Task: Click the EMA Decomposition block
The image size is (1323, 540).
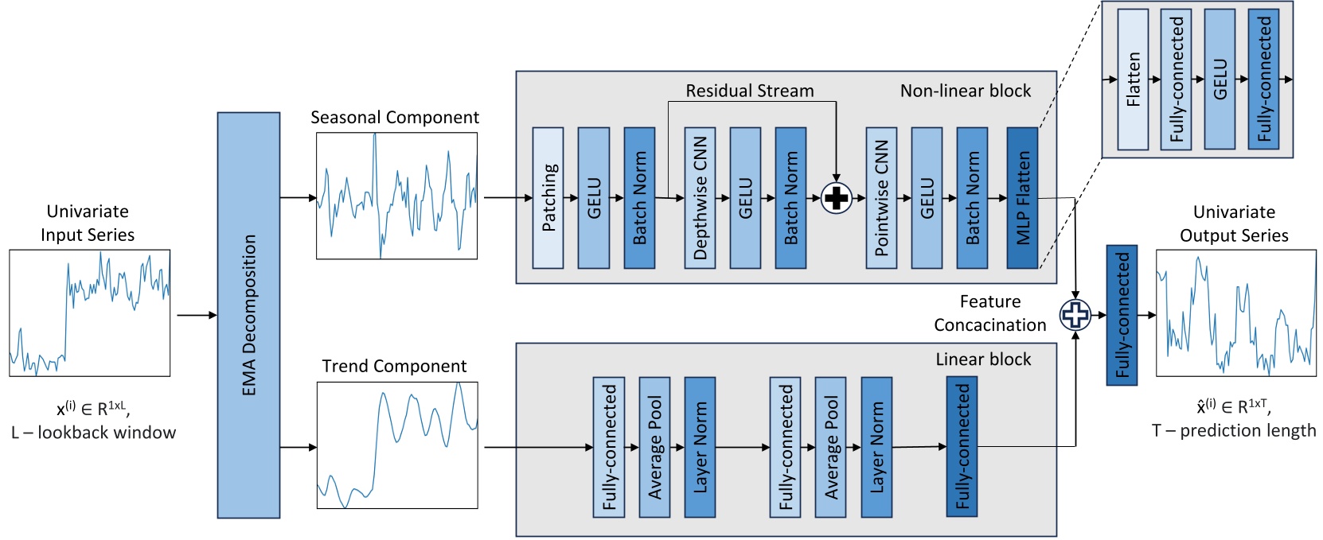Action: pyautogui.click(x=248, y=315)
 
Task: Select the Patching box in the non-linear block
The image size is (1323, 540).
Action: pyautogui.click(x=548, y=197)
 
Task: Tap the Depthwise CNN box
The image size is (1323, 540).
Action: pyautogui.click(x=700, y=197)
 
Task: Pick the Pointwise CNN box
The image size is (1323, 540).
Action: pyautogui.click(x=881, y=197)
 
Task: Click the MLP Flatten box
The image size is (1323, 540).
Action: pyautogui.click(x=1022, y=197)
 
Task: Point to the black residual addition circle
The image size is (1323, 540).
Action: pyautogui.click(x=836, y=198)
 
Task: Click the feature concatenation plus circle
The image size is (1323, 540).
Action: pyautogui.click(x=1075, y=315)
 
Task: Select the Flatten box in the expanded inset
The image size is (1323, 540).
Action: pyautogui.click(x=1133, y=80)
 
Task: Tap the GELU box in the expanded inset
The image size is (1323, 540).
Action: pyautogui.click(x=1220, y=80)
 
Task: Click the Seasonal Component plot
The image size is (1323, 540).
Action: pyautogui.click(x=396, y=196)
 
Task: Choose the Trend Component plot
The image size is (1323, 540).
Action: pyautogui.click(x=397, y=445)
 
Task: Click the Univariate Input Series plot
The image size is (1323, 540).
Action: pyautogui.click(x=89, y=313)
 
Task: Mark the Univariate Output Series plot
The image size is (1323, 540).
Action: pyautogui.click(x=1235, y=313)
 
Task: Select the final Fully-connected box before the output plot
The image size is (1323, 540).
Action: pyautogui.click(x=1122, y=315)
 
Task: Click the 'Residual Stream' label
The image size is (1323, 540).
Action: pyautogui.click(x=749, y=91)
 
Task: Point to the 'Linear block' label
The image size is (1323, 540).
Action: pyautogui.click(x=982, y=359)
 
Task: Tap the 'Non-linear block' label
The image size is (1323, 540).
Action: pyautogui.click(x=965, y=91)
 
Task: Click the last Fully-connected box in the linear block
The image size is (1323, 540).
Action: pyautogui.click(x=962, y=447)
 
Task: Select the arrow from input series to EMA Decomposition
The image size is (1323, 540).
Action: pyautogui.click(x=196, y=316)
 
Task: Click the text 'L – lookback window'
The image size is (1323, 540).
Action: pyautogui.click(x=94, y=433)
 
